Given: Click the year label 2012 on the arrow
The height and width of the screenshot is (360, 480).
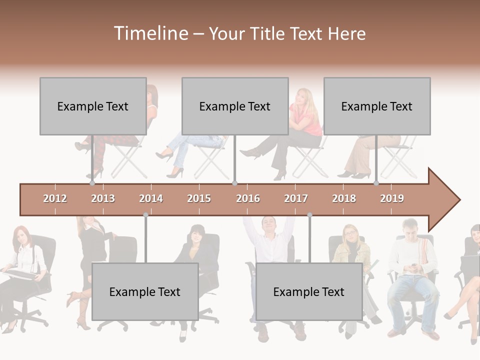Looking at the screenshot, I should (x=55, y=198).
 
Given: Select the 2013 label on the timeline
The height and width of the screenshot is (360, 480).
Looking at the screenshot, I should (x=103, y=198).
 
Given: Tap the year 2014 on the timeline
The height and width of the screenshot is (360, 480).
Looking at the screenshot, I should (x=151, y=198).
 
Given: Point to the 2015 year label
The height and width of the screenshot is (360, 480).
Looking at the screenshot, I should (x=199, y=198).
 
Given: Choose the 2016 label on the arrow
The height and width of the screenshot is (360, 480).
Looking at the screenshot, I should (x=248, y=198).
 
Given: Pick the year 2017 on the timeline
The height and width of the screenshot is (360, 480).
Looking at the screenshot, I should (x=296, y=198).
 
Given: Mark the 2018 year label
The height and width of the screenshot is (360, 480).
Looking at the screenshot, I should (x=344, y=198).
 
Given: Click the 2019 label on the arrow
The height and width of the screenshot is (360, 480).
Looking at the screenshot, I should (x=392, y=198).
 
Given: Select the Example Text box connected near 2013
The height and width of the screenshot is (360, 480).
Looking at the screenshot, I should (x=93, y=106).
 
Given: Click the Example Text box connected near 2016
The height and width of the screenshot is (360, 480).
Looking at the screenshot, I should (x=235, y=106).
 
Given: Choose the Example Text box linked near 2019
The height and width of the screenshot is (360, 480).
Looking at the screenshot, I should (x=377, y=106).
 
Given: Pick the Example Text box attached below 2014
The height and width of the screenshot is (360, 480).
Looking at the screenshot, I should (x=145, y=291).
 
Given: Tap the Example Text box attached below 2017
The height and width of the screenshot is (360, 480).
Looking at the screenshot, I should (x=309, y=291).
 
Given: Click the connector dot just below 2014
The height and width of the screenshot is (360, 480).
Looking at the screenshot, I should (x=145, y=215).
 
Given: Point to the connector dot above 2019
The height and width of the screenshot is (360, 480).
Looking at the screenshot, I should (x=376, y=183).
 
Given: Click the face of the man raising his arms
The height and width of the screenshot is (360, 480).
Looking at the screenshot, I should (x=268, y=225).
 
